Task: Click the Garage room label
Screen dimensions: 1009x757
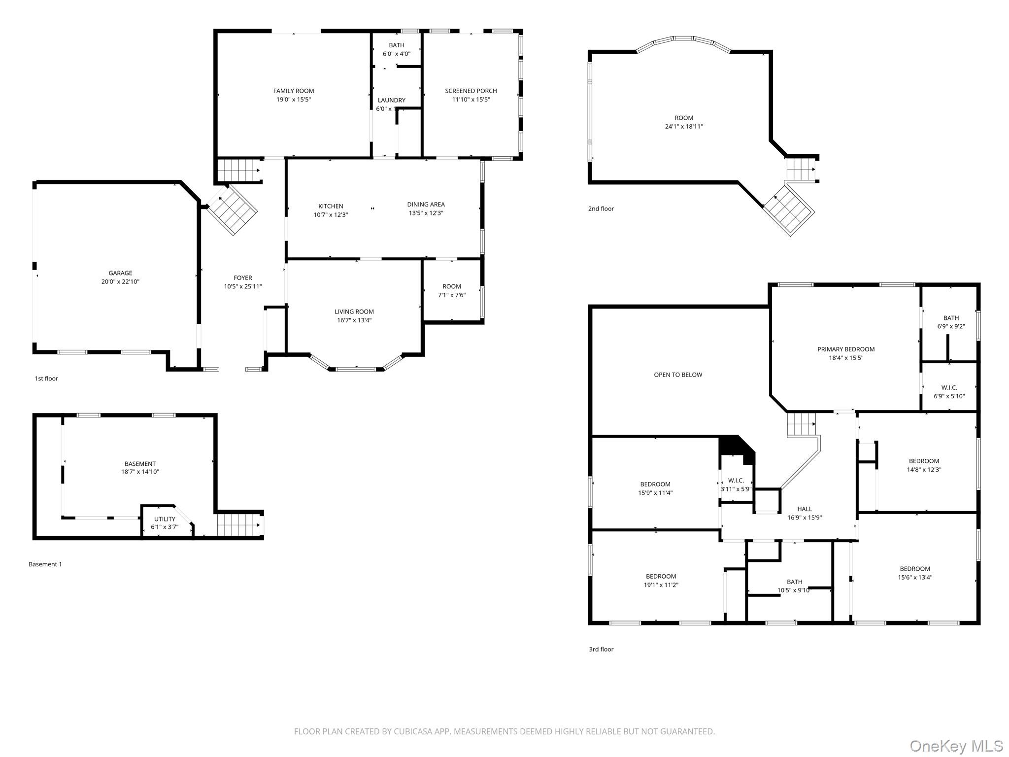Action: (x=120, y=273)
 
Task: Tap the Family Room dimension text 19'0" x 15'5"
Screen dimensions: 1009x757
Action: (x=294, y=100)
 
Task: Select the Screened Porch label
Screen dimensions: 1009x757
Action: (x=471, y=91)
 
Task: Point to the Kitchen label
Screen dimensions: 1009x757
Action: (x=331, y=206)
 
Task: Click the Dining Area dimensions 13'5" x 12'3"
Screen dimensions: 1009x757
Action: (x=426, y=213)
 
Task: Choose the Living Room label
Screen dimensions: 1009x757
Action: (x=354, y=311)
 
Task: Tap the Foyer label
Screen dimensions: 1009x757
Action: (x=243, y=278)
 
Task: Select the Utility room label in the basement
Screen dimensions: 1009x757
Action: (x=165, y=519)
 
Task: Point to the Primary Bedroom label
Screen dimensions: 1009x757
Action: (x=846, y=349)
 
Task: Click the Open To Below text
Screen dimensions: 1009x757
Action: (x=678, y=375)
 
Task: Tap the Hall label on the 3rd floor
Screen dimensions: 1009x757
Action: (x=805, y=509)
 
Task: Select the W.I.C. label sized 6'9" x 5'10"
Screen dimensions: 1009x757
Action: (x=949, y=388)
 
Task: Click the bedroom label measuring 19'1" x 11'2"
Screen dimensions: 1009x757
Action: (x=661, y=577)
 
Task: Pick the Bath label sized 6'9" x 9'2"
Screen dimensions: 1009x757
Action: (x=951, y=318)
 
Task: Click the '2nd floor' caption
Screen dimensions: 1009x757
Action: (x=601, y=208)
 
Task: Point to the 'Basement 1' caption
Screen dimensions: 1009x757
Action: (x=45, y=564)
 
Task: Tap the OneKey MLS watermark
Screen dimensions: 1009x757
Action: (x=956, y=746)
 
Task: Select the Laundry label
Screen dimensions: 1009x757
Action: (x=392, y=100)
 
